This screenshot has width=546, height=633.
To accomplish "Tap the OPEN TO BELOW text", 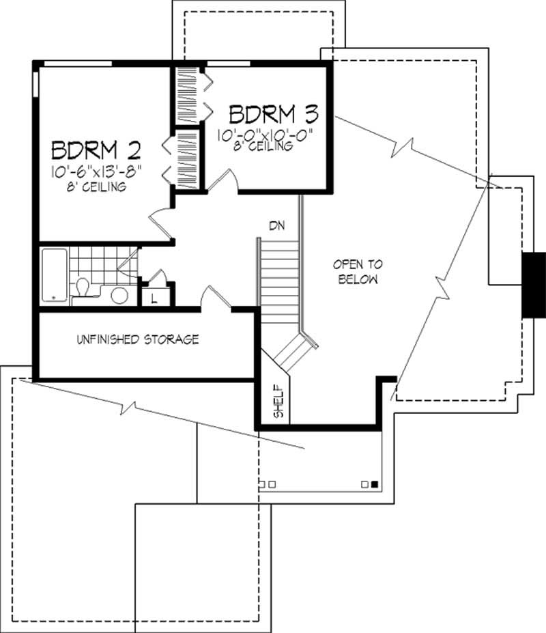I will (358, 272).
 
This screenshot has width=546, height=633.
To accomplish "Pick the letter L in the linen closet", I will (154, 297).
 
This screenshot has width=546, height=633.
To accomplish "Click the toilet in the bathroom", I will (83, 290).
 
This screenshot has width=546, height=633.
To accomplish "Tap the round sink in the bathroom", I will (120, 296).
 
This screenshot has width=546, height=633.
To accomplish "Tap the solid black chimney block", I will (532, 284).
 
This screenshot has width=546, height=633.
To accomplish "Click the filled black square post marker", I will (374, 484).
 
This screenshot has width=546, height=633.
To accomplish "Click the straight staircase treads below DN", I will (279, 280).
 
